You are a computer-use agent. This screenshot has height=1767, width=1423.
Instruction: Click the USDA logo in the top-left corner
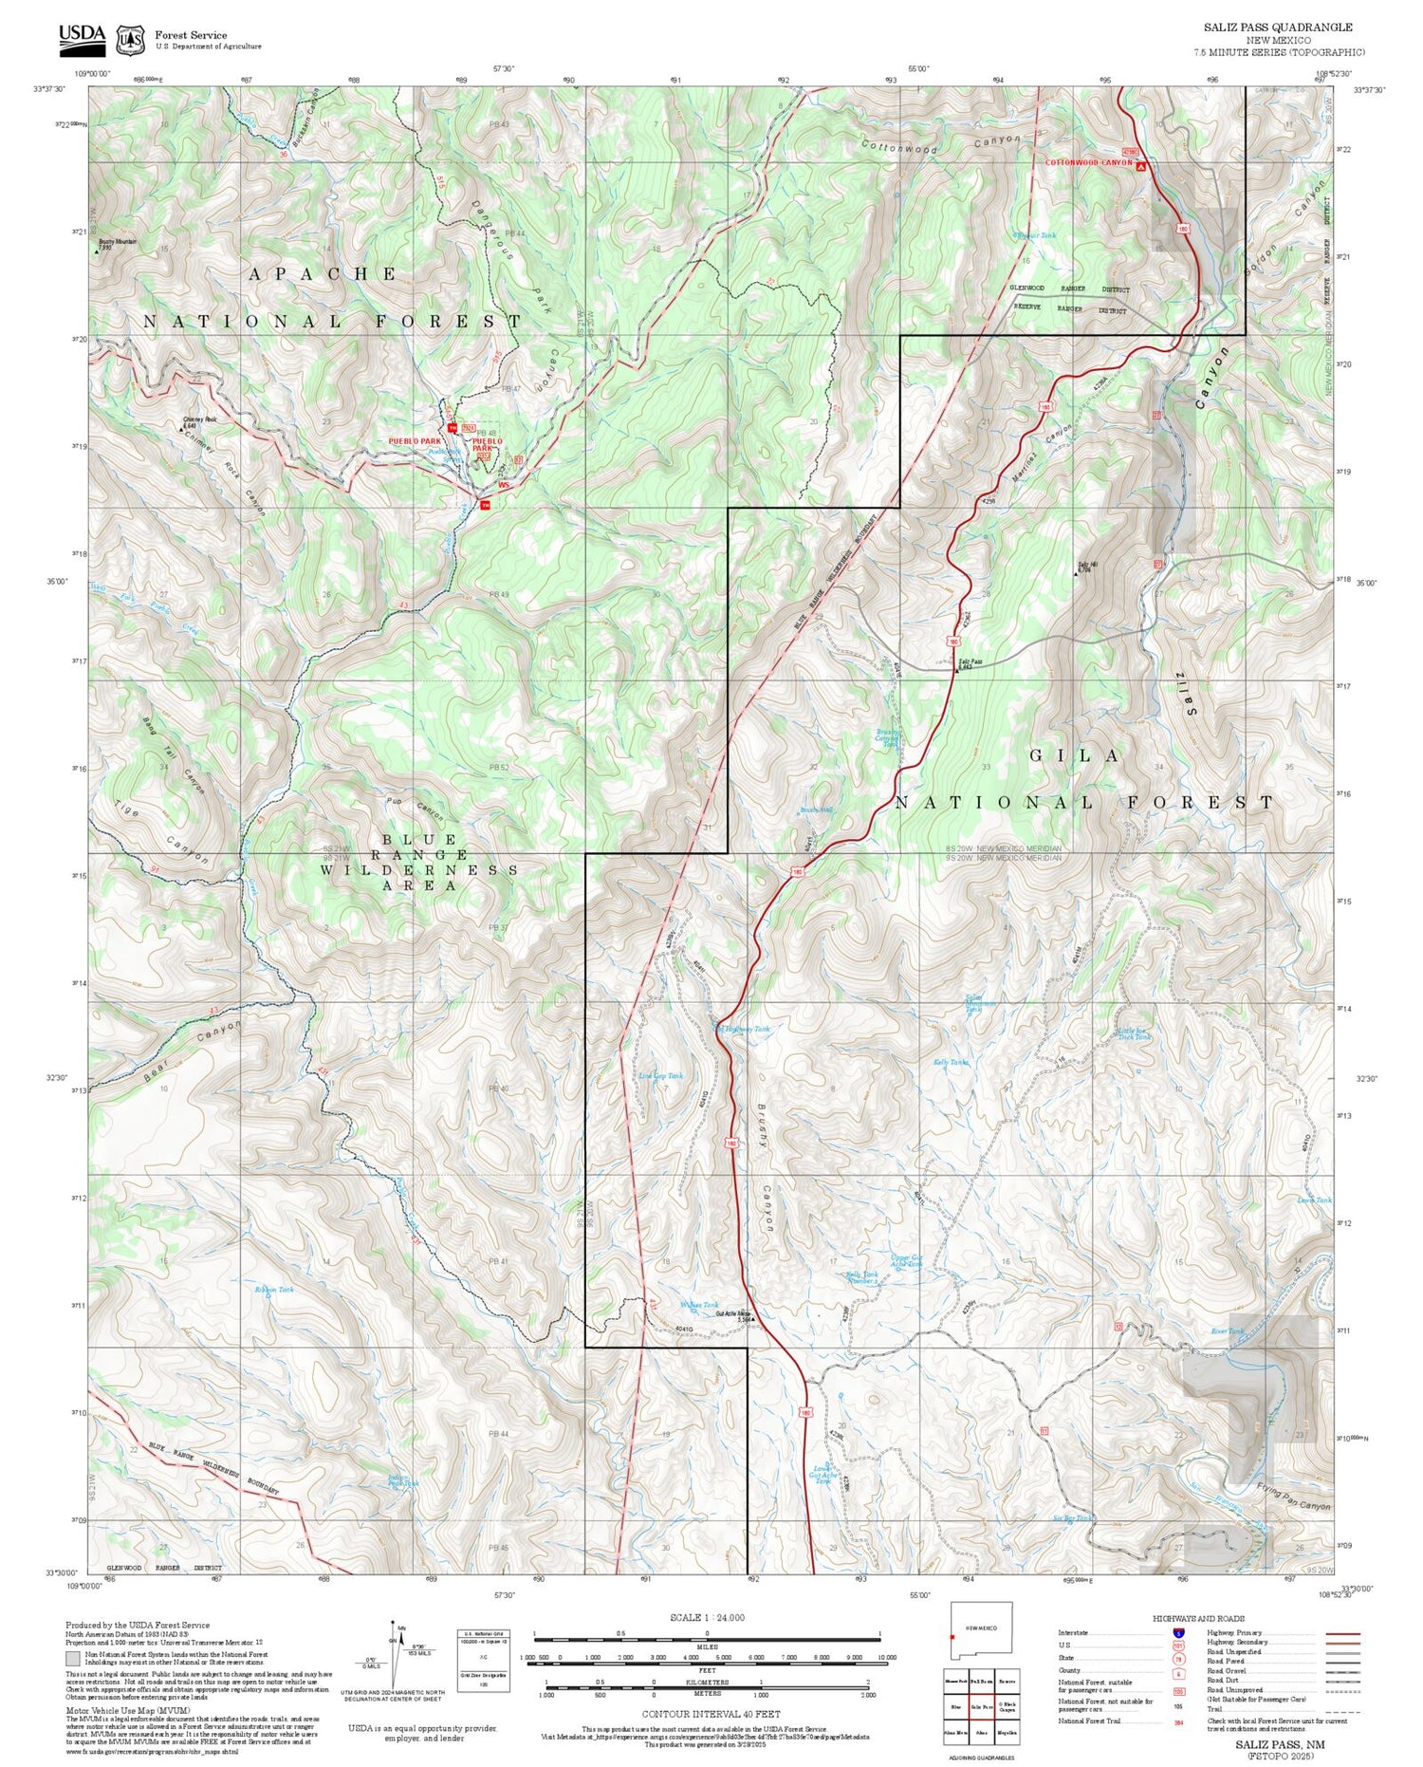(82, 36)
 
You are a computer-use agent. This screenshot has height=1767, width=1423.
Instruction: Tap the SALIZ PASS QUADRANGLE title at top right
(1278, 28)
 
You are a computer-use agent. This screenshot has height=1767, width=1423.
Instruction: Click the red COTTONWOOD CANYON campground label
(1089, 163)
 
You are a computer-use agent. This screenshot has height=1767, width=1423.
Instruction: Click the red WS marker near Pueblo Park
(504, 486)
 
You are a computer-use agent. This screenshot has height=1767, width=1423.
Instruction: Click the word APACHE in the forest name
(323, 274)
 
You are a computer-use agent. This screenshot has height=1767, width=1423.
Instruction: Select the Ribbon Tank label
(274, 1290)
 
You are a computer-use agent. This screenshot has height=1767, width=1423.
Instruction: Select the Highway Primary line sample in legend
(1339, 1634)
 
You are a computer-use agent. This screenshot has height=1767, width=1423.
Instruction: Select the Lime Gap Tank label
(660, 1076)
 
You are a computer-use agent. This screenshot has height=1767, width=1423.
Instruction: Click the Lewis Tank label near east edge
(1314, 1200)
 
